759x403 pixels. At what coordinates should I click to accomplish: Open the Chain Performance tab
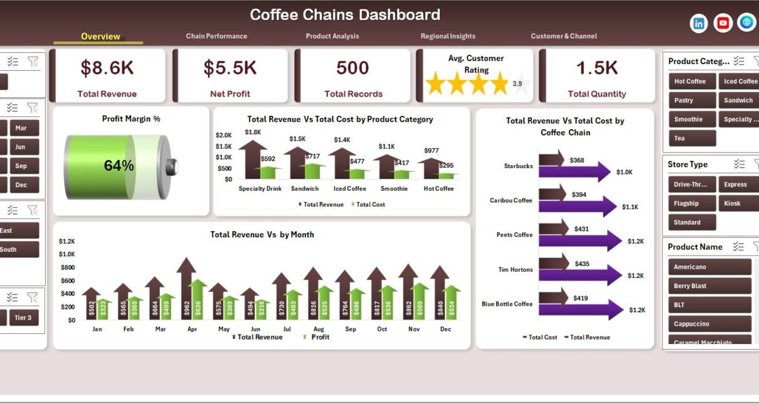[x=216, y=36]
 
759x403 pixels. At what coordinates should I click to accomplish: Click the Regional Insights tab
[x=448, y=36]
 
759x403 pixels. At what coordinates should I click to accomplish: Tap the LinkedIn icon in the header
[x=699, y=23]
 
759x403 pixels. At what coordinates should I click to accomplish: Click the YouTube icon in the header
[x=723, y=23]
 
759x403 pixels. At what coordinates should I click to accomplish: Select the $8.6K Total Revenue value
[x=107, y=68]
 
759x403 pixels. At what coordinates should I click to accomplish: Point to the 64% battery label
[x=119, y=166]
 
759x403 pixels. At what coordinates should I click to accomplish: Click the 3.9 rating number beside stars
[x=517, y=83]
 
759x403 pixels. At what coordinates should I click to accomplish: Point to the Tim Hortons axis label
[x=514, y=270]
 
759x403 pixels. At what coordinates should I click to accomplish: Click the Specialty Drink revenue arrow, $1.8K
[x=253, y=160]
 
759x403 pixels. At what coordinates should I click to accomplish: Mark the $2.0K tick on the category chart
[x=224, y=135]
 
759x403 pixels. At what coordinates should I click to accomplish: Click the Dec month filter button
[x=21, y=185]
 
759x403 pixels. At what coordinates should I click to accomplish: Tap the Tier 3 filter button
[x=23, y=318]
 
